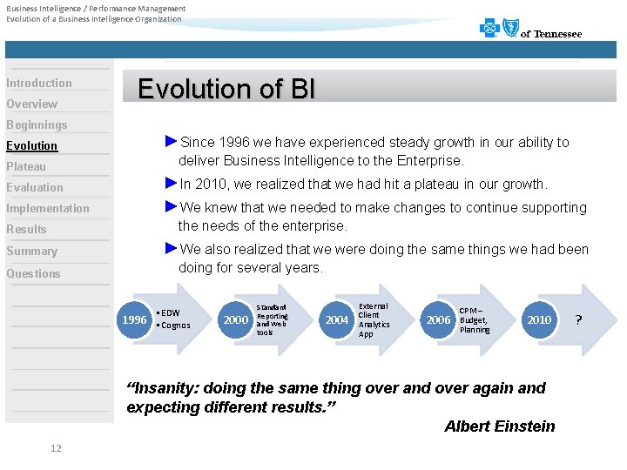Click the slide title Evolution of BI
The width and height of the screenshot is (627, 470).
pos(226,89)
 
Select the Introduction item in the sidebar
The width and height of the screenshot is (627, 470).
pos(39,83)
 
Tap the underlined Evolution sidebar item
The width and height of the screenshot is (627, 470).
pos(32,145)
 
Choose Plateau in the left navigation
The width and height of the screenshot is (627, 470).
pos(26,166)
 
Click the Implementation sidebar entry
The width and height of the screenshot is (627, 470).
pos(48,208)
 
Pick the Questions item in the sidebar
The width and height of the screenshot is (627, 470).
pos(33,273)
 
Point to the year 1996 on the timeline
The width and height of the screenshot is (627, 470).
pos(134,319)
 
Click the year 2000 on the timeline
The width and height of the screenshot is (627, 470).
pos(235,319)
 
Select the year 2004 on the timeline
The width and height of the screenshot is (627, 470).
pos(337,319)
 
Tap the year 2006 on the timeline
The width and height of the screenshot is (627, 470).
pos(438,319)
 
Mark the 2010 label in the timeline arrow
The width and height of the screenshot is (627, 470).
pos(539,319)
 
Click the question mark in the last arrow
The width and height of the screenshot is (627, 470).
pos(579,319)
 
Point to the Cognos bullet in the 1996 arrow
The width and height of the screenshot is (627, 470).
pos(174,326)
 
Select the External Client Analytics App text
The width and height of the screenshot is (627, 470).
pos(374,319)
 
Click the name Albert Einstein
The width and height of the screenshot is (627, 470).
pos(499,426)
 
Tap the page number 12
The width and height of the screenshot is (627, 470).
pos(56,448)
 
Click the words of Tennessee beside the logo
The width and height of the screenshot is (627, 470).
pos(550,34)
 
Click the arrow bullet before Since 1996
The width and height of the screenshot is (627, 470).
pos(171,141)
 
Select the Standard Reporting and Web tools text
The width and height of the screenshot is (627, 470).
pos(273,319)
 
